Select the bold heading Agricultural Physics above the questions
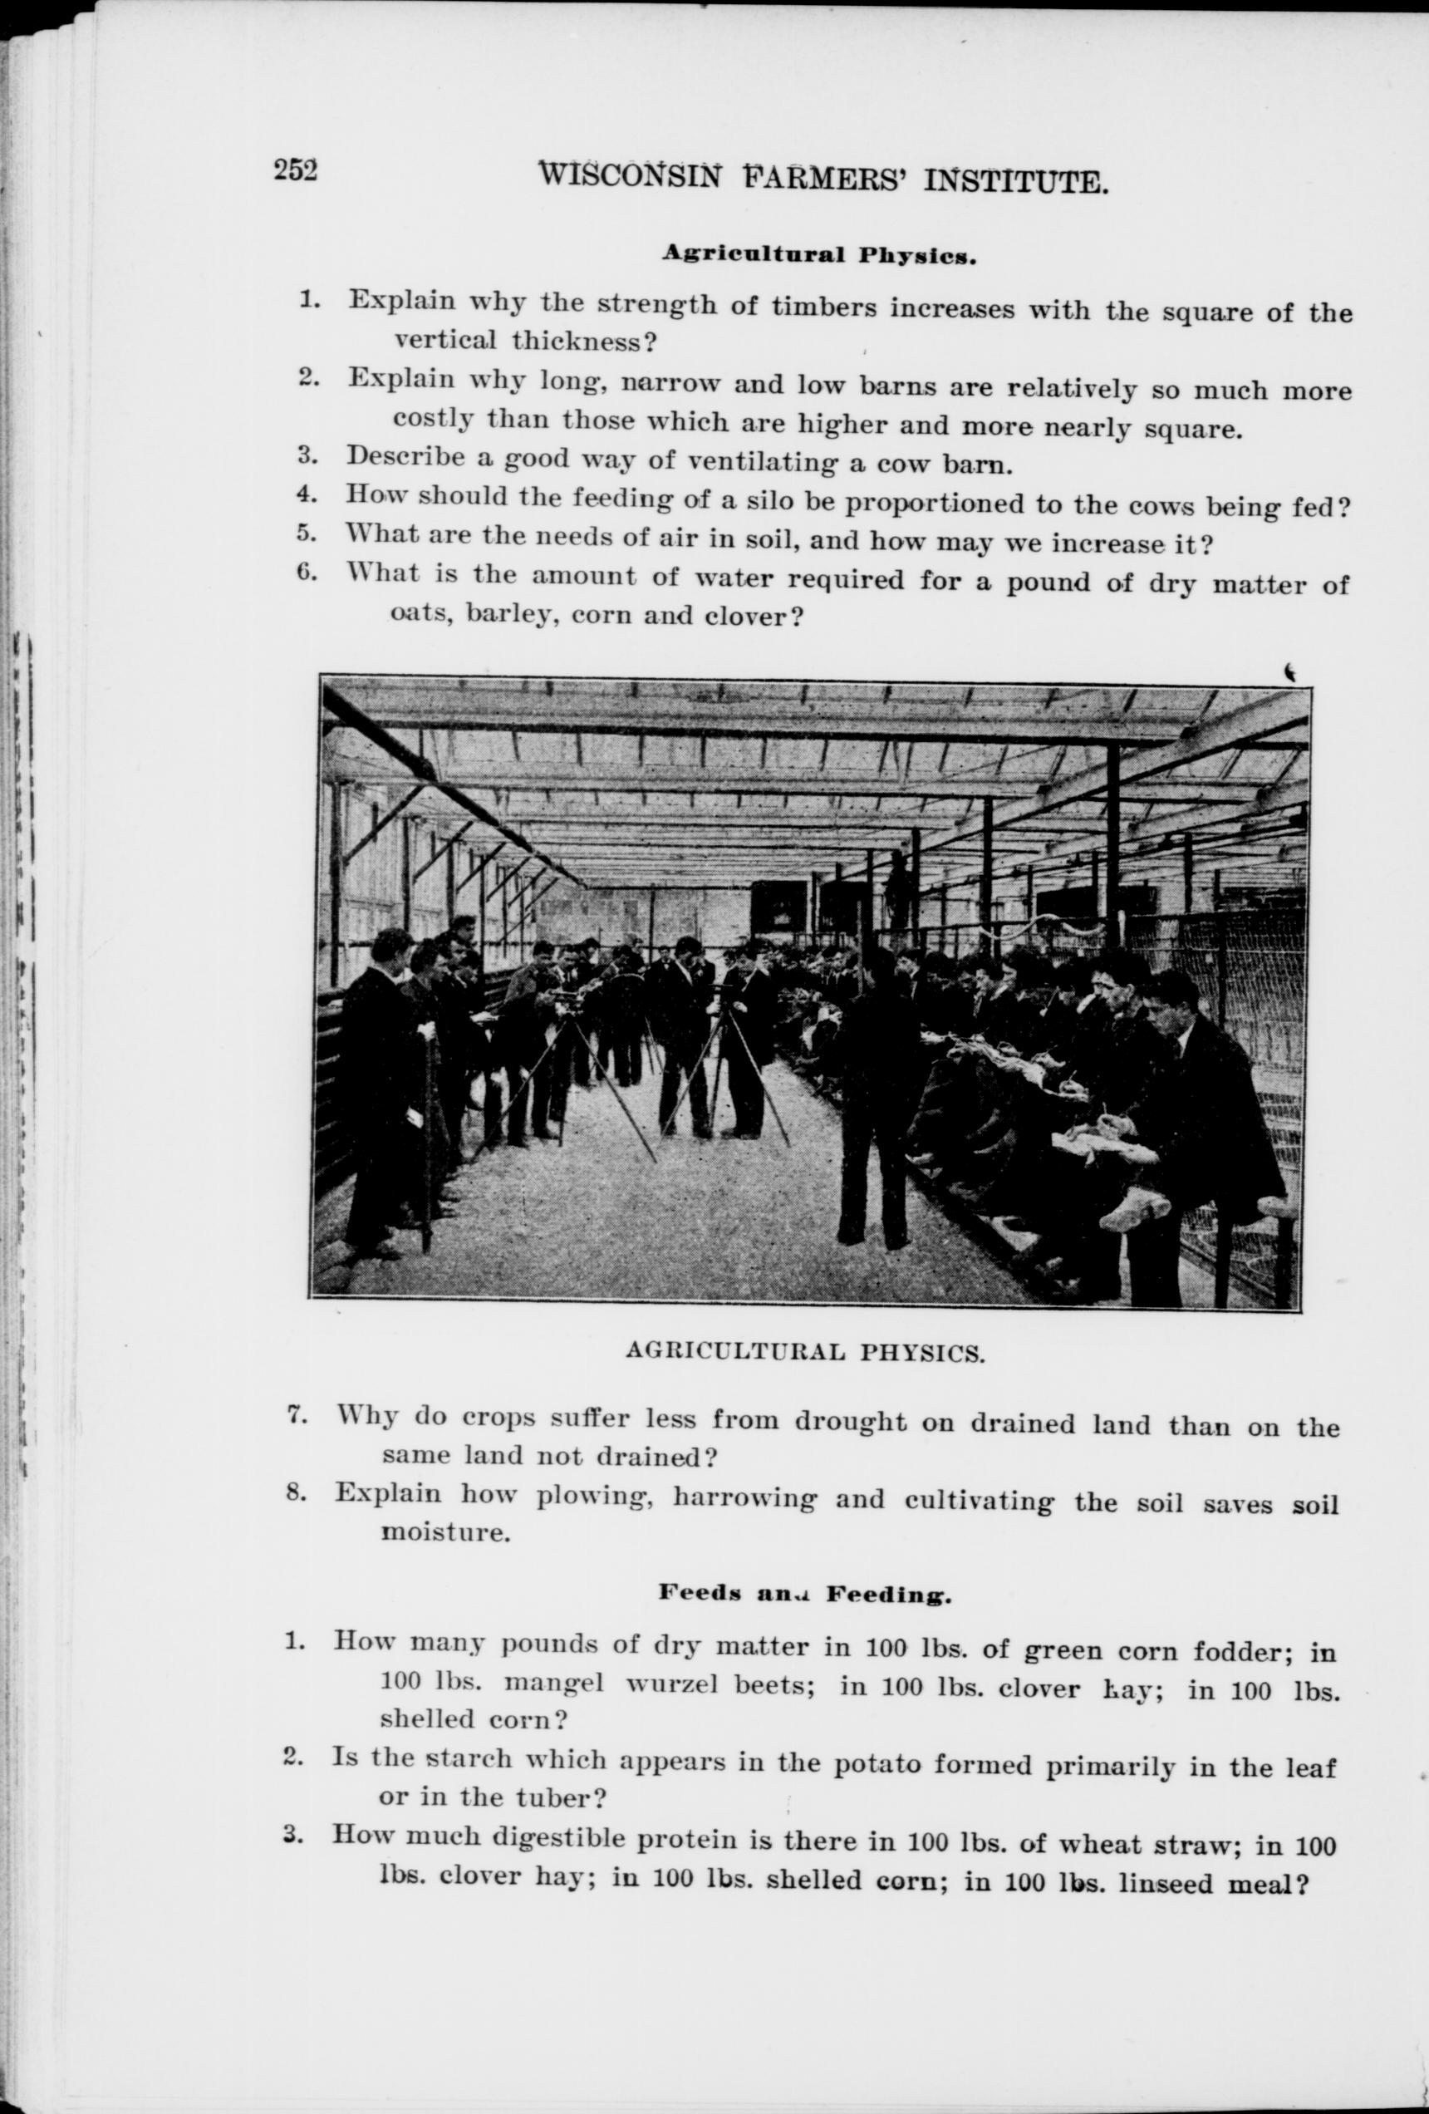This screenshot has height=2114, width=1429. coord(818,255)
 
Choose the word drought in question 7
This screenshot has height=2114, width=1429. coord(851,1421)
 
